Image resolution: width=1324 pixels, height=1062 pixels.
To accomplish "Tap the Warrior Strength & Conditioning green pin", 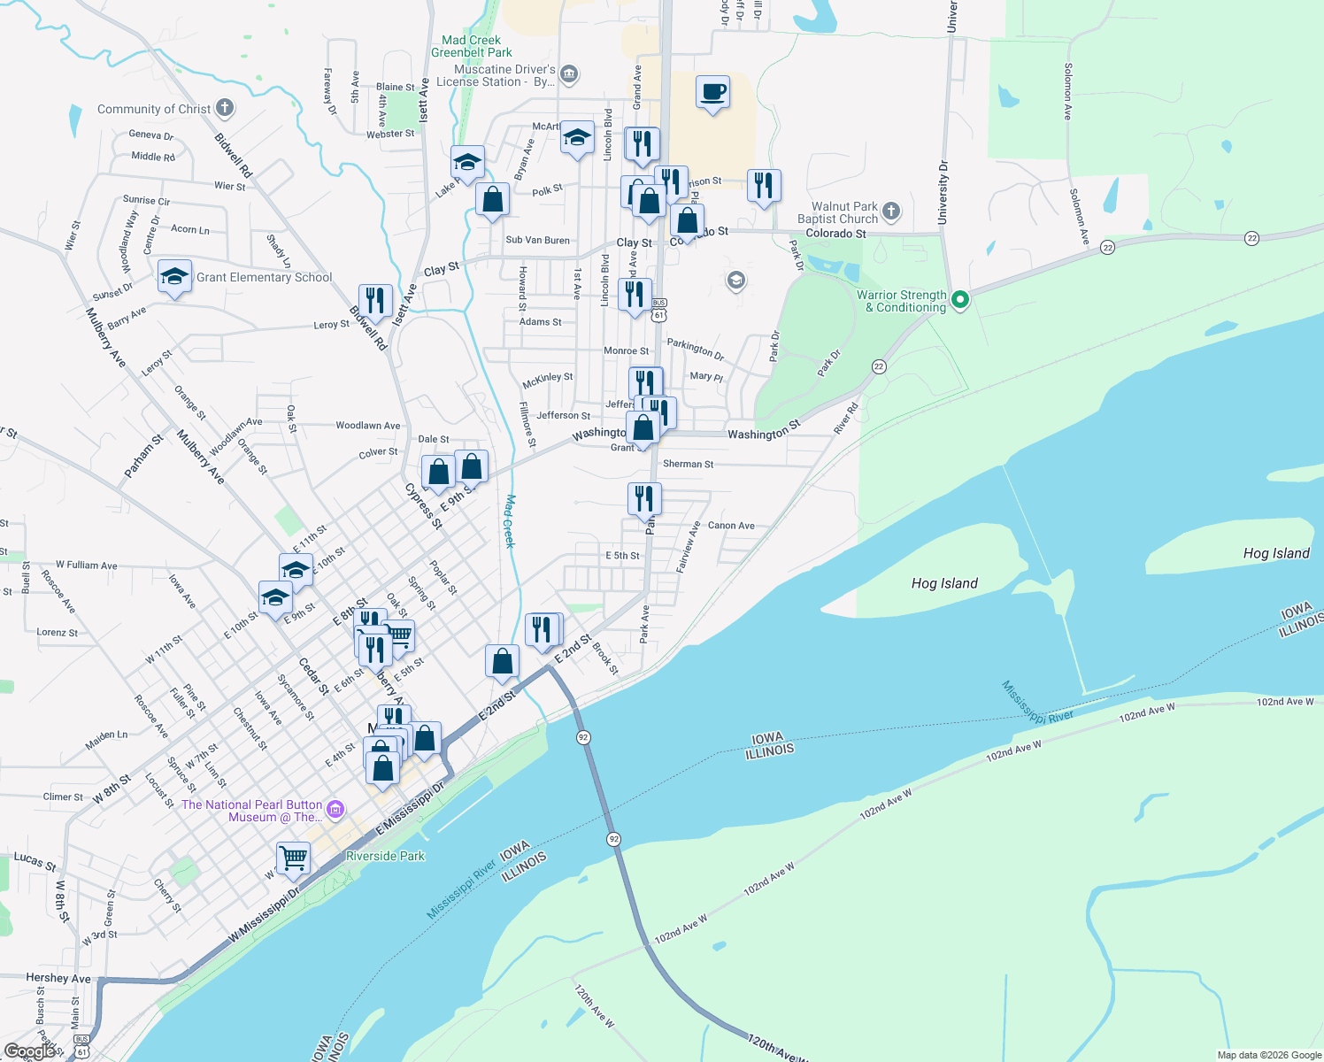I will tap(959, 300).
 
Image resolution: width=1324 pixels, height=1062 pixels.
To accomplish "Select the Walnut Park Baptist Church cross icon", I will tap(891, 211).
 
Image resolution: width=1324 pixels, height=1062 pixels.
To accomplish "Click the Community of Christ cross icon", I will tap(225, 108).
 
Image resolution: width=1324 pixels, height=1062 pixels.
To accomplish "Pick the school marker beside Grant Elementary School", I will tap(174, 277).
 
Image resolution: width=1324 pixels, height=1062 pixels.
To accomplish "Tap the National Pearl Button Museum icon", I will tap(335, 810).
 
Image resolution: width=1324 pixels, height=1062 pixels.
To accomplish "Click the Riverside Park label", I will tap(385, 856).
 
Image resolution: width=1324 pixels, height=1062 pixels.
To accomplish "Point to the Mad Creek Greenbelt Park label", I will tap(472, 46).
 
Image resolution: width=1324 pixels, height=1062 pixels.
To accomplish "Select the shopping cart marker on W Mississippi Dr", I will tap(293, 858).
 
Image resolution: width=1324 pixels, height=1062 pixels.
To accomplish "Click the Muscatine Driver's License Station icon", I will tap(569, 73).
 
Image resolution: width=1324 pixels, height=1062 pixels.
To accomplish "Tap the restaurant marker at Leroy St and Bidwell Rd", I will tap(375, 302).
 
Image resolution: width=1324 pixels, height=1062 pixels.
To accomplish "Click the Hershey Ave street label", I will tap(58, 978).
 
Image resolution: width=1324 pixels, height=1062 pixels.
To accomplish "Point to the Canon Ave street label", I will tap(731, 526).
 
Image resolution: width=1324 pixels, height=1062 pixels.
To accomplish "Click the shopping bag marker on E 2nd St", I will tap(502, 662).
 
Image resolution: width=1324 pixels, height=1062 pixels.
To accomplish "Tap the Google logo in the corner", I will tap(29, 1050).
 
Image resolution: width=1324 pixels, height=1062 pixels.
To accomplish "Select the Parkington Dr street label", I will tap(696, 350).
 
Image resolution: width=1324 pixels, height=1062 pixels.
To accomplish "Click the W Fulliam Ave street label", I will tap(86, 565).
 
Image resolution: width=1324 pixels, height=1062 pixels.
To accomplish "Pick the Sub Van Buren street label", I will tap(537, 240).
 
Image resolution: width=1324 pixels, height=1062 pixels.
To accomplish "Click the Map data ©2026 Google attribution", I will tap(1268, 1055).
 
